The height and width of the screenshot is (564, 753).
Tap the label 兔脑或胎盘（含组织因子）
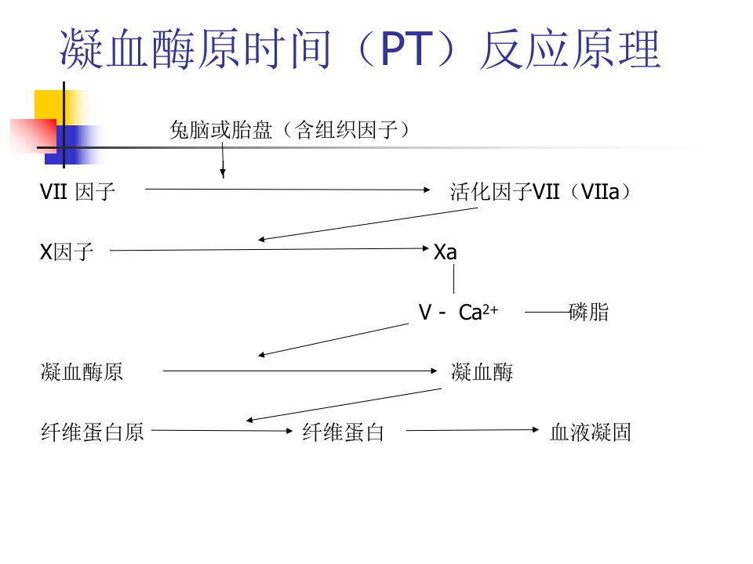pyautogui.click(x=289, y=130)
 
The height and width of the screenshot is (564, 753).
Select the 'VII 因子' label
pyautogui.click(x=78, y=192)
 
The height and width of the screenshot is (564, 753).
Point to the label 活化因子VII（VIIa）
pyautogui.click(x=540, y=192)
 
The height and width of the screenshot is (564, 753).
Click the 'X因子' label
pyautogui.click(x=66, y=251)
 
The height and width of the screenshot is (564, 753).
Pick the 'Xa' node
pyautogui.click(x=446, y=252)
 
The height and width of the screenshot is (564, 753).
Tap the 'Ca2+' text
pyautogui.click(x=478, y=312)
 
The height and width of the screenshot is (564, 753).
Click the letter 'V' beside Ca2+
pyautogui.click(x=425, y=313)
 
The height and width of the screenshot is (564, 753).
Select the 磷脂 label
pyautogui.click(x=589, y=312)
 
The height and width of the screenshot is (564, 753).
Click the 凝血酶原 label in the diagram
pyautogui.click(x=82, y=371)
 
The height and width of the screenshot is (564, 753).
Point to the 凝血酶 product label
pyautogui.click(x=482, y=371)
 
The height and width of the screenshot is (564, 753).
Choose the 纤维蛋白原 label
pyautogui.click(x=93, y=432)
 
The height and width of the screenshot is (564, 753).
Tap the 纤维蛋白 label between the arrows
pyautogui.click(x=343, y=432)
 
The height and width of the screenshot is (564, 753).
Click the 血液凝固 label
pyautogui.click(x=590, y=432)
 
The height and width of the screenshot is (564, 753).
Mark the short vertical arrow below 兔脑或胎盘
pyautogui.click(x=223, y=160)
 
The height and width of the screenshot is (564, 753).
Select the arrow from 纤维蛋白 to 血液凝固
pyautogui.click(x=472, y=430)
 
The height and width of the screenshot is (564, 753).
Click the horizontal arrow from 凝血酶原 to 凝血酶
pyautogui.click(x=300, y=371)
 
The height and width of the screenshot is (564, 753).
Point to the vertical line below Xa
pyautogui.click(x=454, y=279)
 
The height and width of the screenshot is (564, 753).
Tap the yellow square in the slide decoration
pyautogui.click(x=49, y=106)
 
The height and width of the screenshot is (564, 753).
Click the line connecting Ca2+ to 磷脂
pyautogui.click(x=547, y=313)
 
